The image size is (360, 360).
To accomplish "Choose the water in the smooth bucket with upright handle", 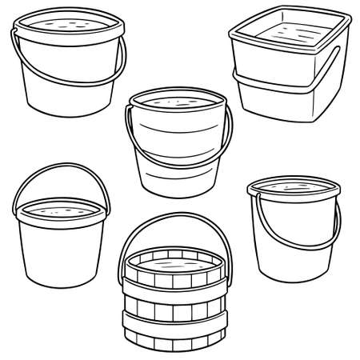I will click(x=60, y=211).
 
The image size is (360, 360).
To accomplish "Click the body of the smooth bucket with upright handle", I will click(x=60, y=256).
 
